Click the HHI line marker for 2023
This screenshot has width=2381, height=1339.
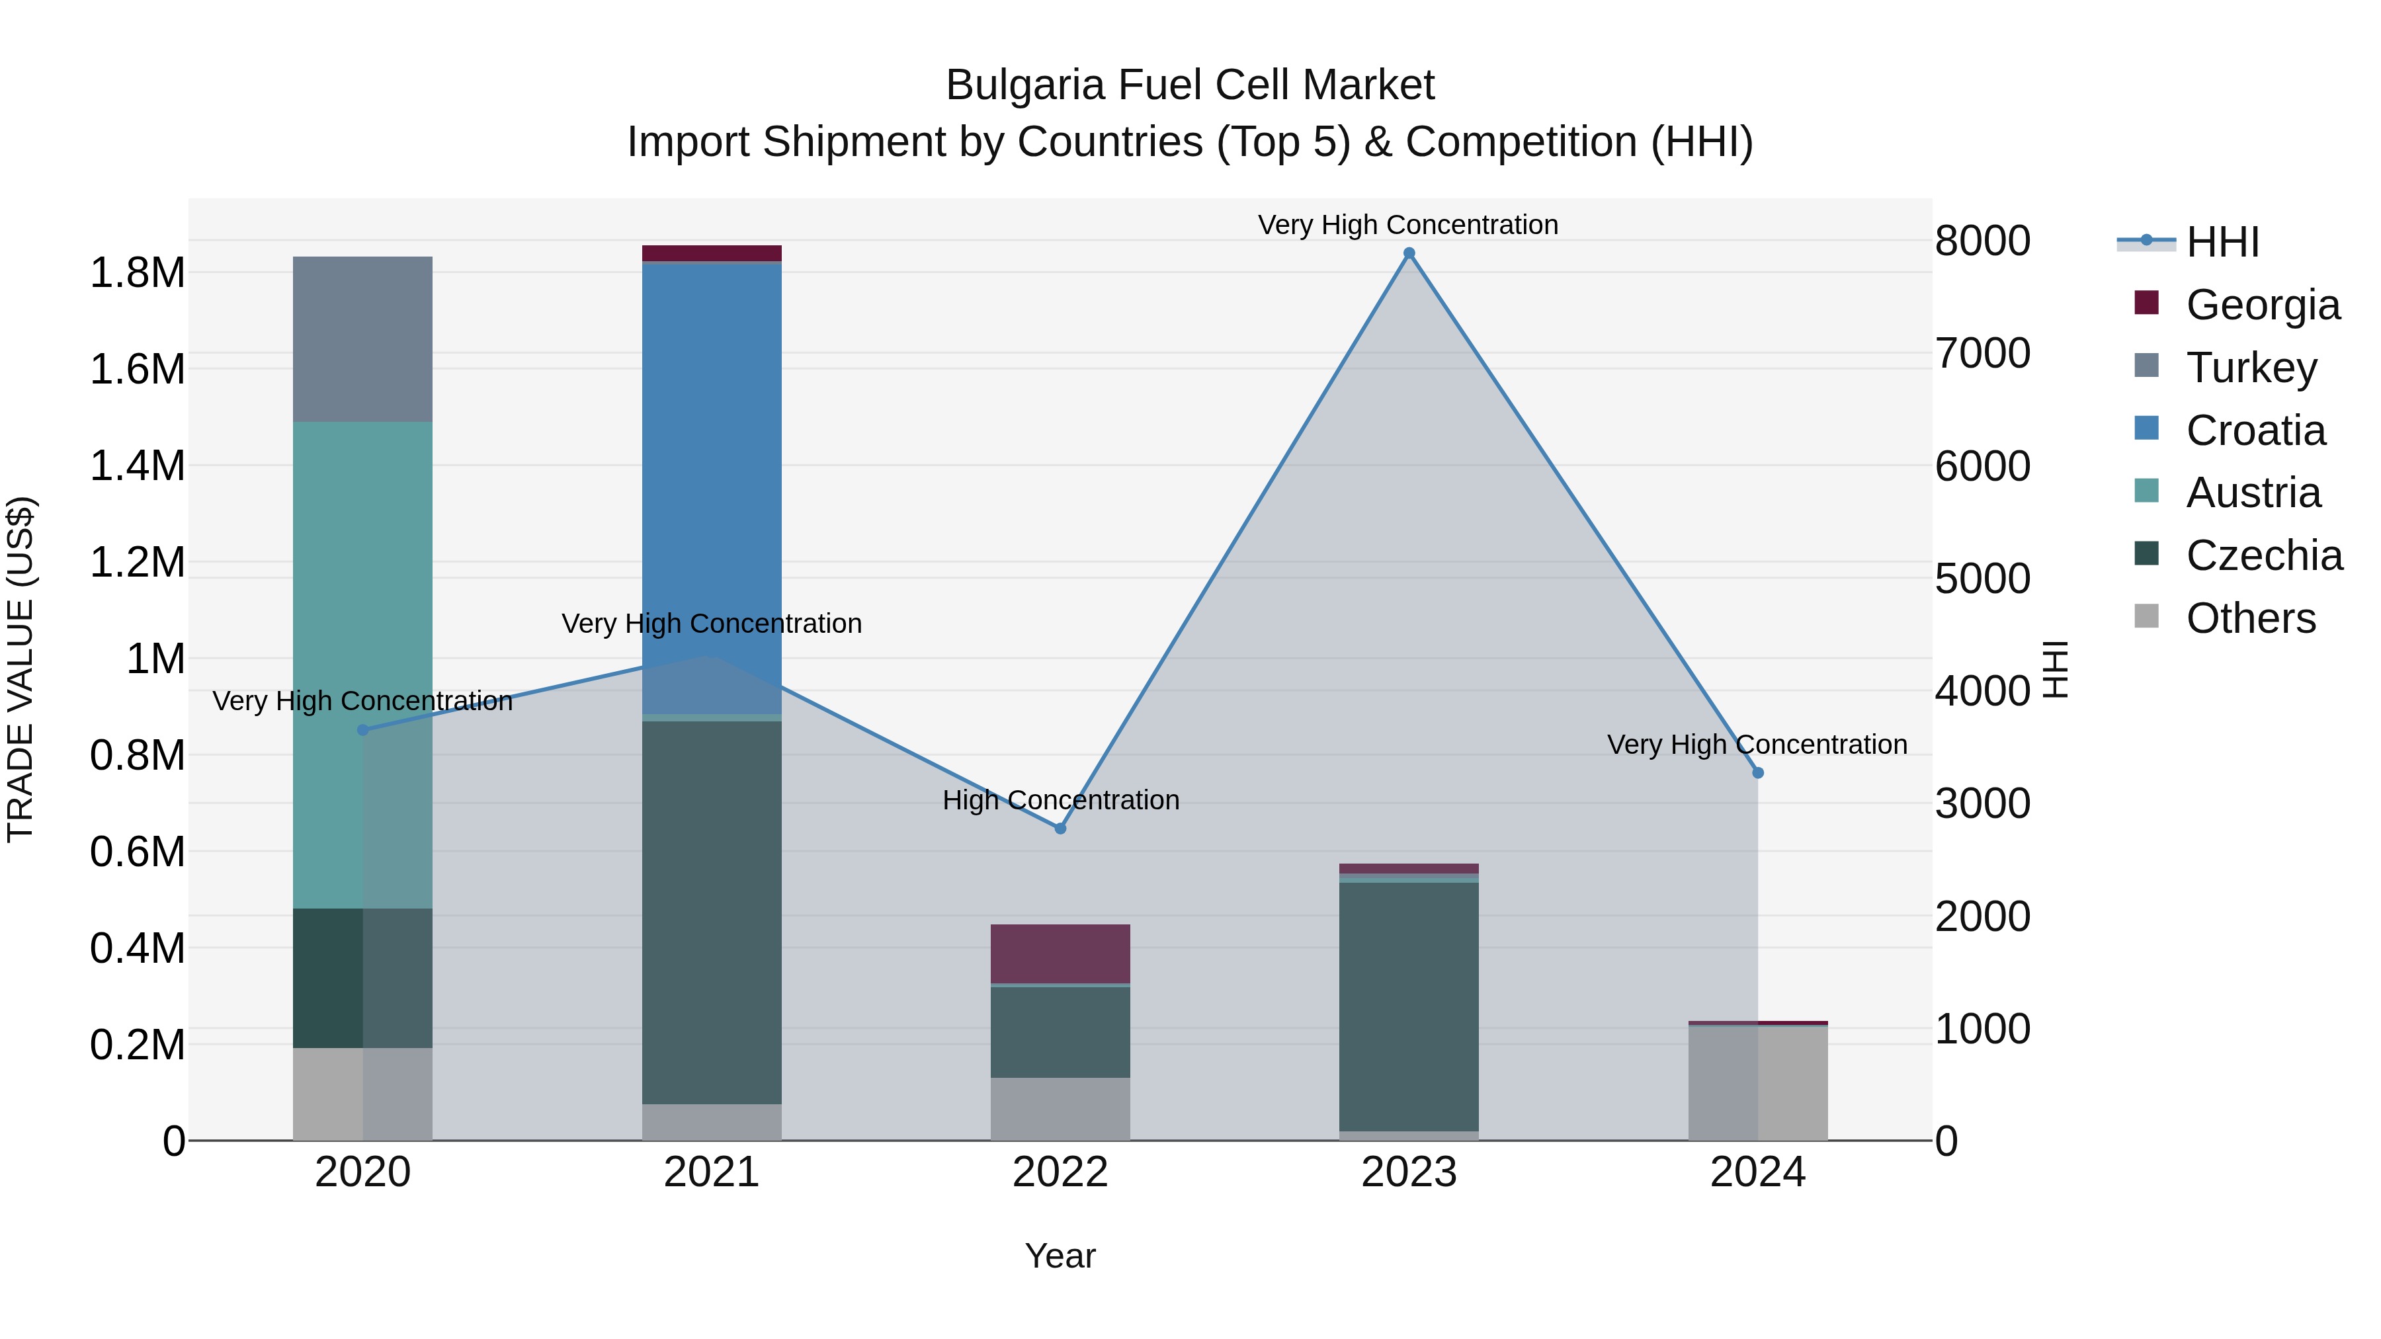pos(1409,253)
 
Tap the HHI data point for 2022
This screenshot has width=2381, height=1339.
pos(1060,828)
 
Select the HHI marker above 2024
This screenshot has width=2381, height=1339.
pos(1757,772)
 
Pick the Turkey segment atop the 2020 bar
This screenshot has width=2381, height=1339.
pos(362,339)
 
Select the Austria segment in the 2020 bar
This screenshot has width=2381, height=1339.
pos(362,665)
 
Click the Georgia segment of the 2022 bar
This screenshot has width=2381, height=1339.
pos(1060,954)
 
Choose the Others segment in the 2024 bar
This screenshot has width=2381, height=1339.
pos(1757,1083)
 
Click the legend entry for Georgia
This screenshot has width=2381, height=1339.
pos(2262,305)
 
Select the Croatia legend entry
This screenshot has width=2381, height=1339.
pos(2255,430)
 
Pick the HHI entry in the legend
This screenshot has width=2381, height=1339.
pos(2222,242)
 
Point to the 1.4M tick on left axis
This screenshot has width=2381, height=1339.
pos(137,466)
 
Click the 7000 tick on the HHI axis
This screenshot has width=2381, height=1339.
pos(1983,353)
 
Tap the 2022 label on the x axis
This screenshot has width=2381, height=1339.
pos(1060,1172)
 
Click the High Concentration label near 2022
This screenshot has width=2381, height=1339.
pos(1060,799)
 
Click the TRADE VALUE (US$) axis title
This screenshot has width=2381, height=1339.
pos(21,669)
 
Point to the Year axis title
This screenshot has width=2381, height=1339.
pos(1060,1256)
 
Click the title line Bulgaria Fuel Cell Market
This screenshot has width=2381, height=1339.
pos(1190,85)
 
